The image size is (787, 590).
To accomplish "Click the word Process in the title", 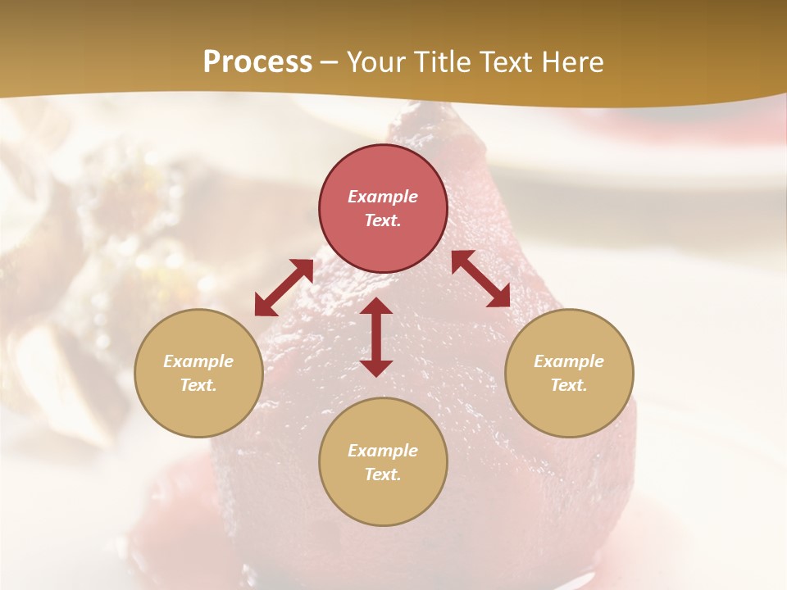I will pyautogui.click(x=257, y=62).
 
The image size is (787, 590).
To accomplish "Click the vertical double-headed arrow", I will pyautogui.click(x=376, y=337).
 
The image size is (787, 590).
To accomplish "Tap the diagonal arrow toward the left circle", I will pyautogui.click(x=284, y=288).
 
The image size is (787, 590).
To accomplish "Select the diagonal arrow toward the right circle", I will pyautogui.click(x=480, y=279).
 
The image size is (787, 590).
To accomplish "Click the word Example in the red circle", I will pyautogui.click(x=383, y=197).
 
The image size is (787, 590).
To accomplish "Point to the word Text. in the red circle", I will pyautogui.click(x=383, y=220).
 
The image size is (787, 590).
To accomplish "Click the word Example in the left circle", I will pyautogui.click(x=198, y=361).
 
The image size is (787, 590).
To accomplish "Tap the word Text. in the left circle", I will pyautogui.click(x=198, y=385).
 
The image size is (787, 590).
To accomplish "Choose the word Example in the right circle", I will pyautogui.click(x=569, y=361).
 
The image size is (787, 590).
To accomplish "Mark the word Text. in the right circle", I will pyautogui.click(x=569, y=385).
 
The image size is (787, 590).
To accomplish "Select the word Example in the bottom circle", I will pyautogui.click(x=383, y=451).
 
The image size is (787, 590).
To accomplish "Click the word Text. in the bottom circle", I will pyautogui.click(x=383, y=474).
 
